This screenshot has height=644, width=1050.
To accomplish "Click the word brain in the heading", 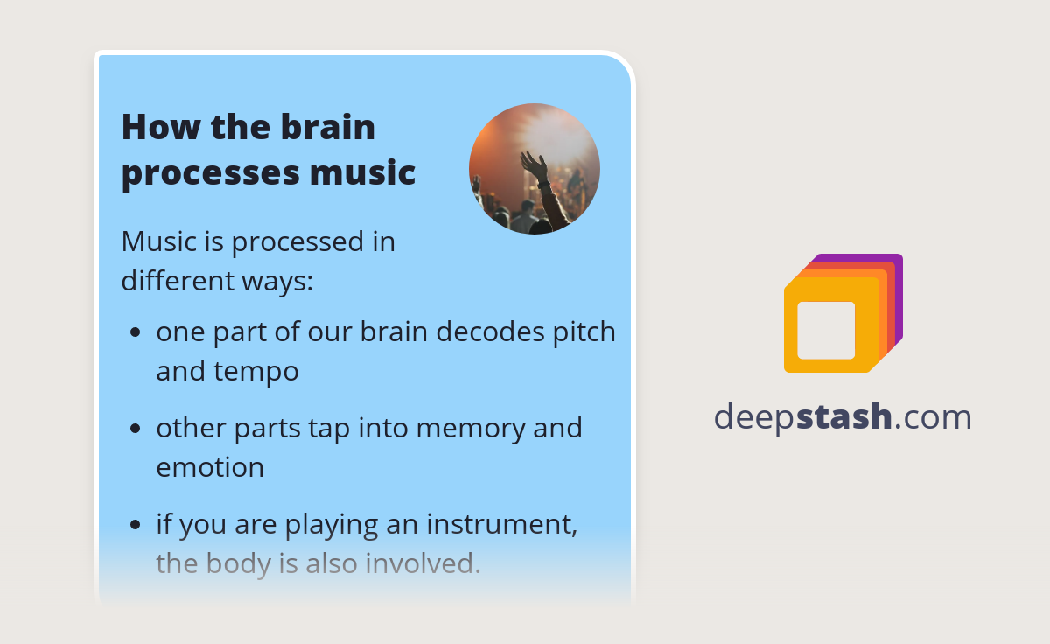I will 328,128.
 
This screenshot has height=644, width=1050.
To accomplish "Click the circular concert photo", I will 534,169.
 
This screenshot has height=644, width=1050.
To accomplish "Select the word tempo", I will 258,372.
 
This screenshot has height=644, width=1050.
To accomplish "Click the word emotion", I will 210,467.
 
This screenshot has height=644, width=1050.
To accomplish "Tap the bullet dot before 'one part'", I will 135,333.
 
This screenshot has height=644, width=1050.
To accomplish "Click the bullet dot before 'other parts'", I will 135,429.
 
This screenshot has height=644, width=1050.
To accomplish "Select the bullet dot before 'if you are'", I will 135,525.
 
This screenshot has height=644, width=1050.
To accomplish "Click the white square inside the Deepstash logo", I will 826,330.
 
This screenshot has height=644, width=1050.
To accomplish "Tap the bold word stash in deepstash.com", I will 844,417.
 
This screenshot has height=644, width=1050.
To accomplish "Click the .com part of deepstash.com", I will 934,417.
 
